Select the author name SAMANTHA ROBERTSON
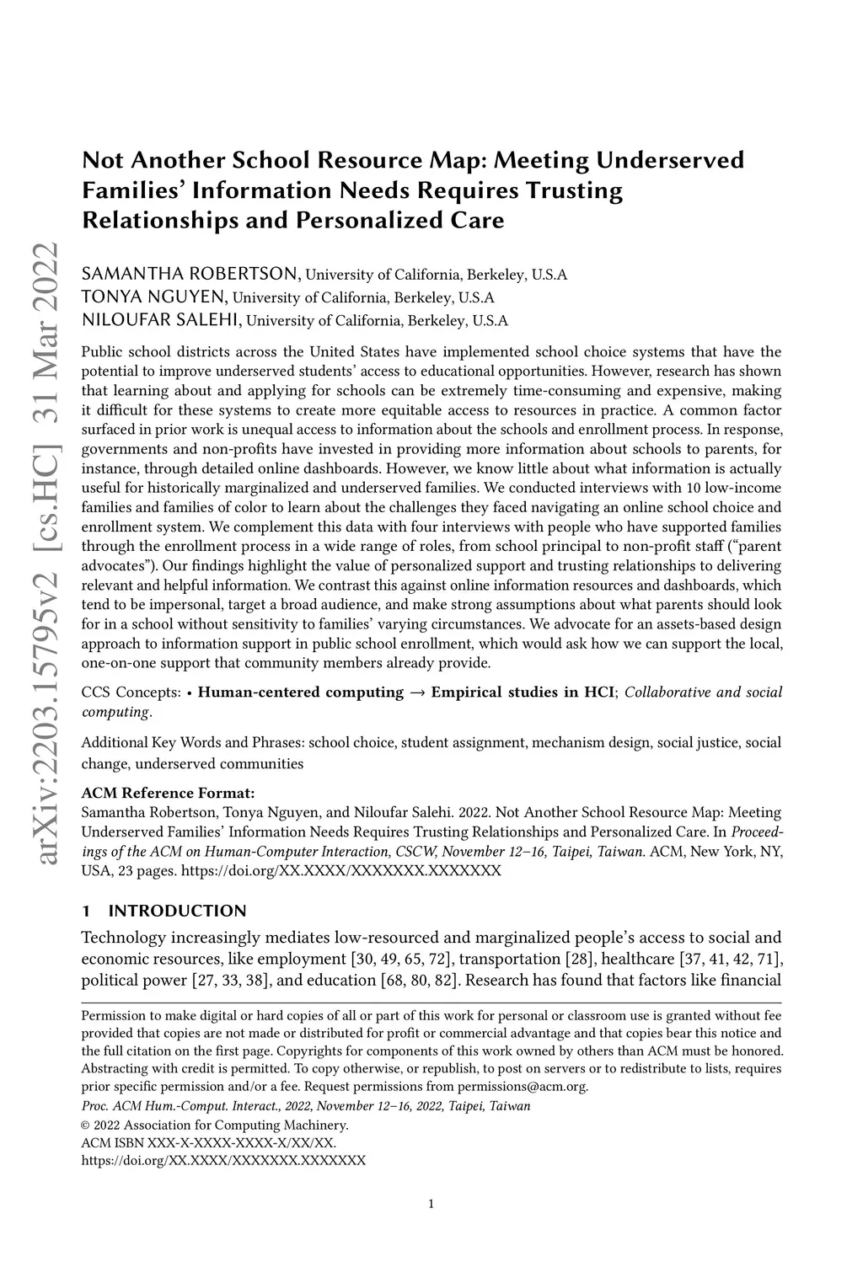[x=190, y=275]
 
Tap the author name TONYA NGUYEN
[x=154, y=297]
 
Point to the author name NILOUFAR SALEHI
[x=162, y=320]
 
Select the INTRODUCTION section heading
[x=177, y=911]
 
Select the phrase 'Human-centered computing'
[x=301, y=692]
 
